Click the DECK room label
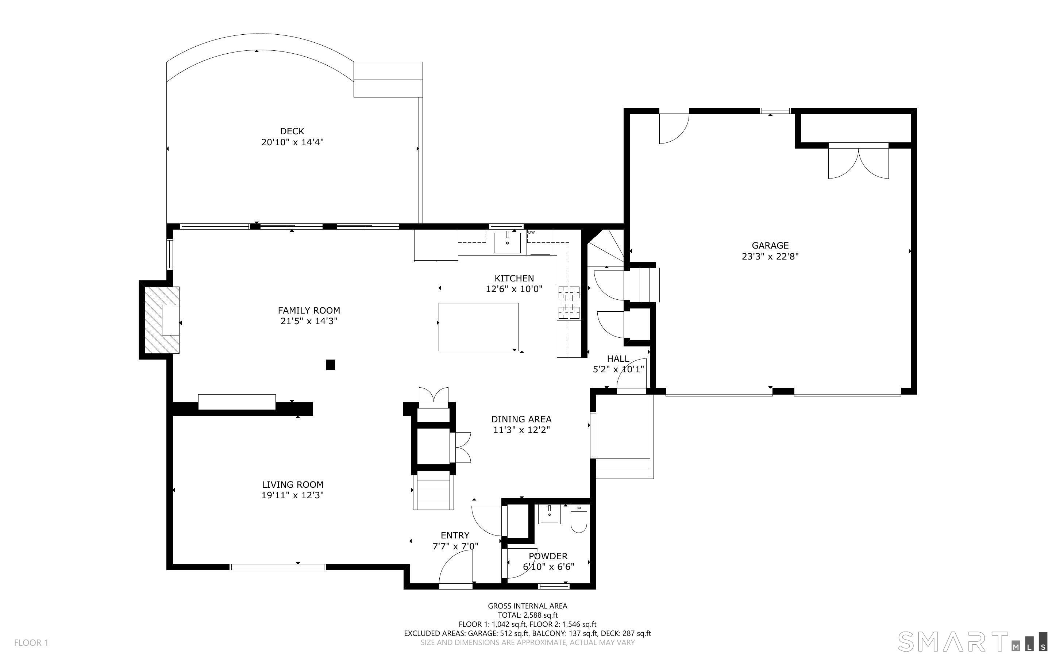pos(292,131)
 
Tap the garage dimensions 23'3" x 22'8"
pos(770,256)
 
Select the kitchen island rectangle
pos(478,327)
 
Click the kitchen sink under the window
pos(507,243)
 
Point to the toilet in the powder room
pos(579,519)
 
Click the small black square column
pos(330,364)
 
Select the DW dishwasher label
pos(531,232)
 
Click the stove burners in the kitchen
pos(569,302)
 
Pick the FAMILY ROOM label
pos(309,310)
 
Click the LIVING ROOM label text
pos(293,484)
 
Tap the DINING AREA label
pos(521,419)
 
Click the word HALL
pos(618,359)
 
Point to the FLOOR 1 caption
pos(31,642)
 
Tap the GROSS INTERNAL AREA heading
pos(527,606)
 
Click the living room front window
pos(277,567)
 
